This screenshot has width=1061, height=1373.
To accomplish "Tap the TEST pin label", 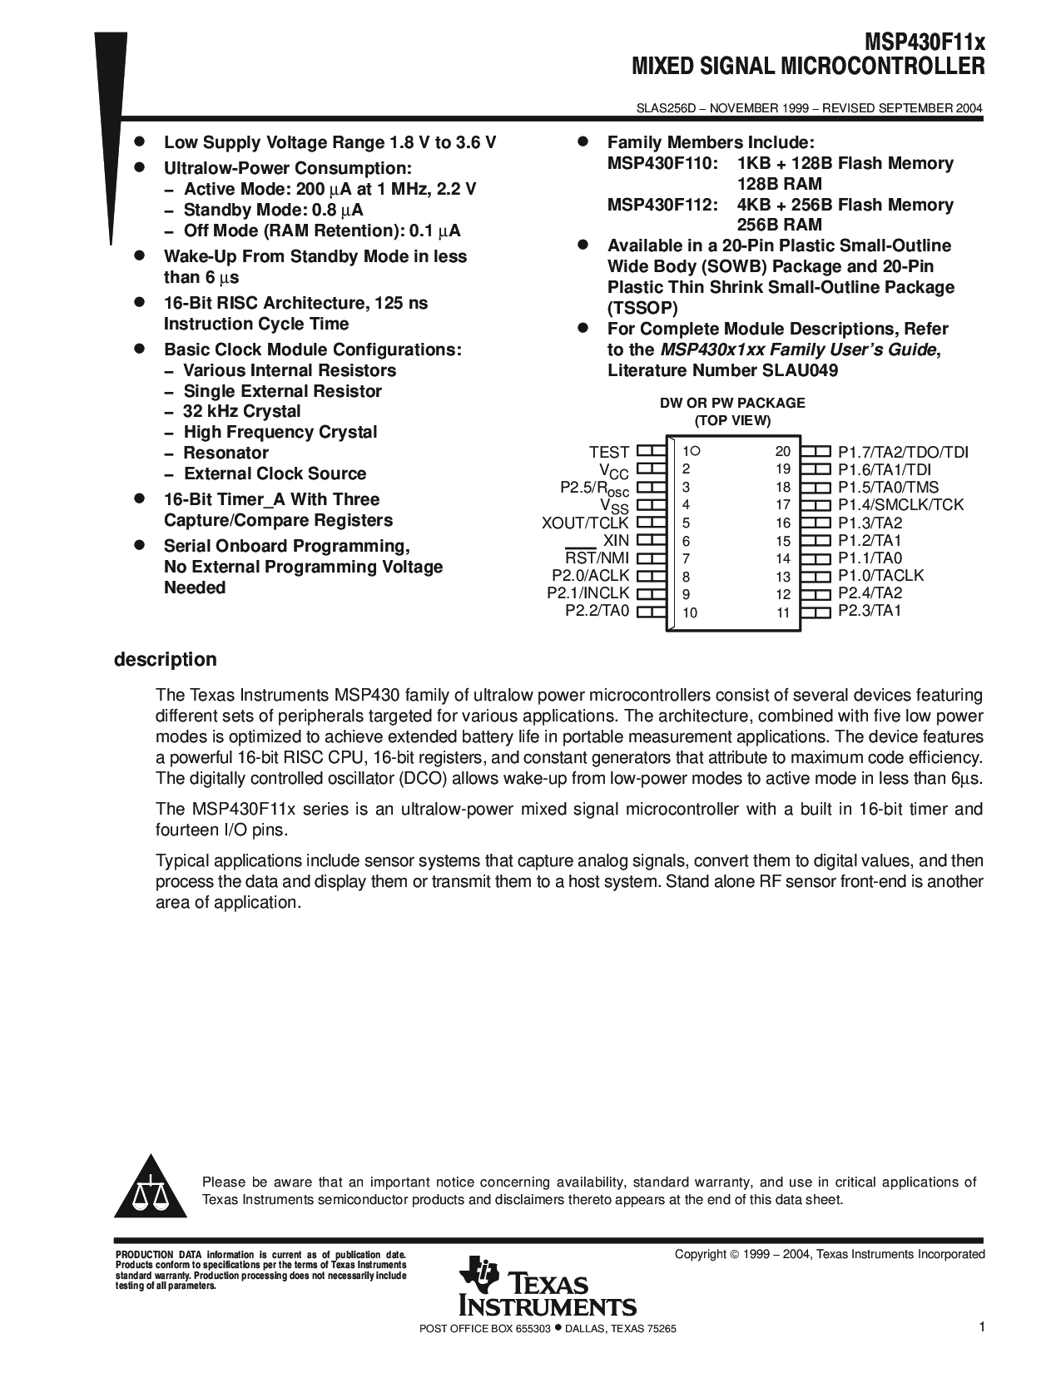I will click(609, 452).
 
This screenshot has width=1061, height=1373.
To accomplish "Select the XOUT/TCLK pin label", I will click(586, 523).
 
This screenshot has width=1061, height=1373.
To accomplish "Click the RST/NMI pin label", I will click(597, 558).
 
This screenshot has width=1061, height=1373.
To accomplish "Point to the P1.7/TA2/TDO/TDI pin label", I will click(903, 452).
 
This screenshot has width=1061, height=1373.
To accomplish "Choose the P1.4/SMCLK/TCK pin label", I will click(900, 504).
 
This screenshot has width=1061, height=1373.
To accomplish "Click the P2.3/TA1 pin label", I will click(870, 611).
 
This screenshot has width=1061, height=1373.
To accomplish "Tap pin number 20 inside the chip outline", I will click(782, 452).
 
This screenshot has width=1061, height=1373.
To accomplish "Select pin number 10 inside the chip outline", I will click(690, 612).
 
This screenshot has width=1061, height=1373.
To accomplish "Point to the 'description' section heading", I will click(165, 660).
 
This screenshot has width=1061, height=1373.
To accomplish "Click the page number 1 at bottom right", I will click(982, 1327).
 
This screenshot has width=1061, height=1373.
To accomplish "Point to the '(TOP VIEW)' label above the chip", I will click(732, 420).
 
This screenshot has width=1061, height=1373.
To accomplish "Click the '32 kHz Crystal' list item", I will click(242, 411).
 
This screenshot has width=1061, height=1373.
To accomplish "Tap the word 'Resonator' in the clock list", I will click(226, 453).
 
